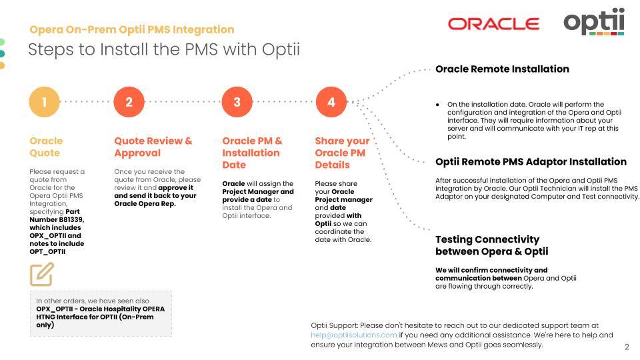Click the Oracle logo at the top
[x=493, y=24]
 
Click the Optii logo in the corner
[x=594, y=21]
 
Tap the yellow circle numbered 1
[x=45, y=102]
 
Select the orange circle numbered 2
[x=129, y=102]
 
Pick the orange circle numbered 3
[x=237, y=102]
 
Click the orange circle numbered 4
[x=331, y=102]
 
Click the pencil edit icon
[x=41, y=274]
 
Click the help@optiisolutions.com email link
[x=354, y=335]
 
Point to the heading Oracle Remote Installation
[x=502, y=69]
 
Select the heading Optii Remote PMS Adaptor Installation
[x=531, y=161]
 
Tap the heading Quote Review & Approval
[x=153, y=147]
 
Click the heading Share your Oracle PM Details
[x=341, y=153]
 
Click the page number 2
[x=627, y=347]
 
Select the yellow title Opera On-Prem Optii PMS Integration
[x=132, y=29]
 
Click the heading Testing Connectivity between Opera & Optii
[x=491, y=245]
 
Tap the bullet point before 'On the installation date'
[x=437, y=105]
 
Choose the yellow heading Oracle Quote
[x=46, y=147]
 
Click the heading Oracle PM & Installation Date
[x=252, y=153]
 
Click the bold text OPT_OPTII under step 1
[x=47, y=251]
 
